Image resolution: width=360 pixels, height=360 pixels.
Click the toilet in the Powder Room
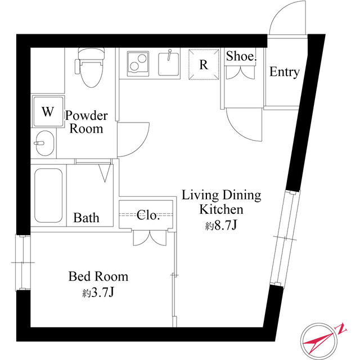[x=90, y=69]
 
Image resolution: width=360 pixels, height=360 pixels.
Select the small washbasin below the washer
[x=44, y=143]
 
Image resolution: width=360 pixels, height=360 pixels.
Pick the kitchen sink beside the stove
[x=169, y=64]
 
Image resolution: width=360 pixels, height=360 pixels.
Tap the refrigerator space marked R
[x=204, y=65]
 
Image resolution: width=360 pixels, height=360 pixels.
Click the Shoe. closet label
[x=241, y=56]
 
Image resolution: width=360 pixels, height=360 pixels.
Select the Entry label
[x=284, y=72]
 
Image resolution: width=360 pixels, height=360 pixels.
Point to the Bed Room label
[x=98, y=277]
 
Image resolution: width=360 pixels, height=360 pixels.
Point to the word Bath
[x=87, y=218]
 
